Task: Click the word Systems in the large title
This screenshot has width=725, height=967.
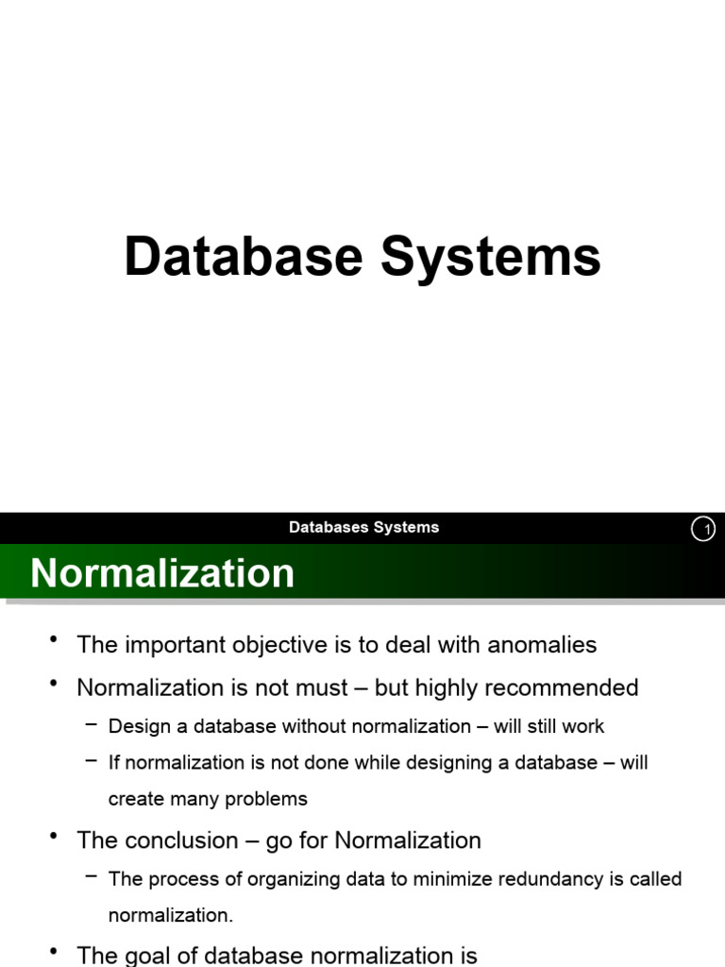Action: pos(490,257)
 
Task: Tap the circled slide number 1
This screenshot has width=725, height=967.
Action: pos(703,530)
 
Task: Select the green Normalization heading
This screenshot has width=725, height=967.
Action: pos(162,573)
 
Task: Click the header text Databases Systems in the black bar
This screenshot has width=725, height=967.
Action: pos(363,528)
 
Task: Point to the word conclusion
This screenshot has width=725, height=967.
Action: pos(178,840)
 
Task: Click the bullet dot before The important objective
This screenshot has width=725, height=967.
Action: pos(55,641)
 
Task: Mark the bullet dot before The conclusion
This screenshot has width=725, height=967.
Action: pos(55,837)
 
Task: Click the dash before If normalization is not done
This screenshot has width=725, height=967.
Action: pos(91,759)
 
